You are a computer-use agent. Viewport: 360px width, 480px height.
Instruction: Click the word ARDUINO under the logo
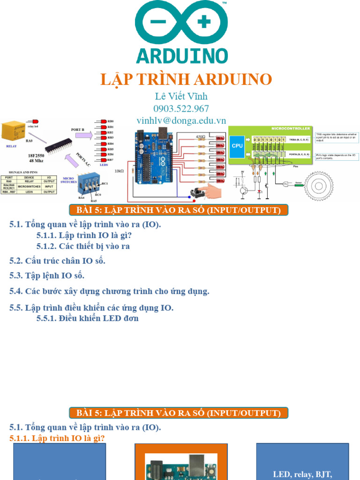(182, 55)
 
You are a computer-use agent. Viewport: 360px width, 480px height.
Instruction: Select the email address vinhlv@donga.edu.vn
(181, 120)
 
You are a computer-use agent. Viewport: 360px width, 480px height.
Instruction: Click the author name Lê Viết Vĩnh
(181, 96)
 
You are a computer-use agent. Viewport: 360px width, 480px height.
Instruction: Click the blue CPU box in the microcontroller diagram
(238, 146)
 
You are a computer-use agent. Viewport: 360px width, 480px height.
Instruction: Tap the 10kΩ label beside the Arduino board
(120, 171)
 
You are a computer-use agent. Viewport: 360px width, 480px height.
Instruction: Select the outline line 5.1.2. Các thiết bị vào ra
(83, 246)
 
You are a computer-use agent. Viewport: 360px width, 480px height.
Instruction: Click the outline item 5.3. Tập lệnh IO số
(47, 276)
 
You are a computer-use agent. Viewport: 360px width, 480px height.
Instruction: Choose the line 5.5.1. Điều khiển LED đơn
(87, 319)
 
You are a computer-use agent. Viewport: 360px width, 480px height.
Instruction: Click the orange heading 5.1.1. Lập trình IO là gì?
(57, 438)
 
